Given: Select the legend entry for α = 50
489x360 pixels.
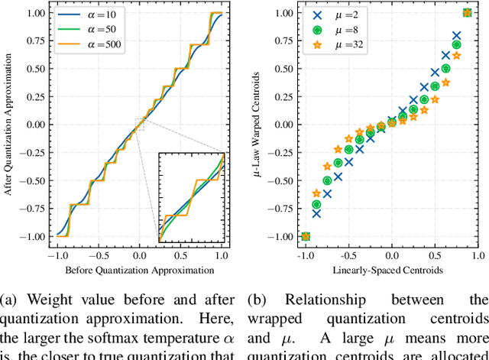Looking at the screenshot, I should (86, 29).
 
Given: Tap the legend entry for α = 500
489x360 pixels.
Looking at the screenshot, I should (86, 44).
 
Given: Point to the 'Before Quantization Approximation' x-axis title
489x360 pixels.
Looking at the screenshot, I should (139, 270).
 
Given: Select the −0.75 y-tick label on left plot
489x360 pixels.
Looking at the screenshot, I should (32, 207).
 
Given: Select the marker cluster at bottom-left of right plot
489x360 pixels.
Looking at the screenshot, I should (306, 236).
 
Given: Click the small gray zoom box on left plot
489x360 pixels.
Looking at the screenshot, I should (139, 124).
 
